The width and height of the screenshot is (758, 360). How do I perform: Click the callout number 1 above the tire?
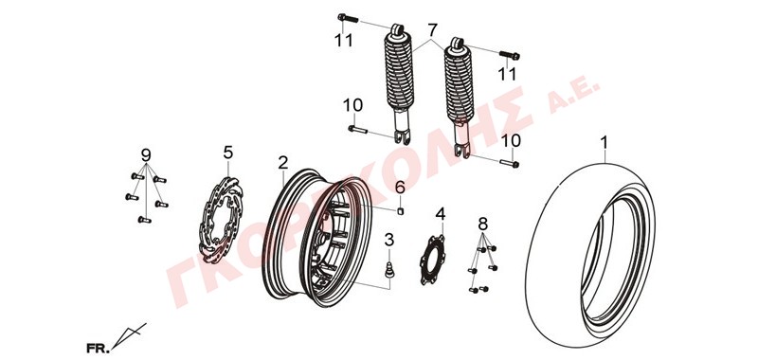604,143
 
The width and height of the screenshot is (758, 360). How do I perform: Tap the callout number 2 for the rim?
282,162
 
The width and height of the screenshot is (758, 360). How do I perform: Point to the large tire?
591,255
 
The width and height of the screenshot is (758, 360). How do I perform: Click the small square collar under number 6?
400,210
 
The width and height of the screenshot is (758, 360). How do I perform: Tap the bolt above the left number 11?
348,18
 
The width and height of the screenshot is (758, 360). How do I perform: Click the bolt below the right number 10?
510,163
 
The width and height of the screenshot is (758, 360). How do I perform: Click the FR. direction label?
98,348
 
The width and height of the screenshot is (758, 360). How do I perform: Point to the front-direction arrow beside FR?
129,335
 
